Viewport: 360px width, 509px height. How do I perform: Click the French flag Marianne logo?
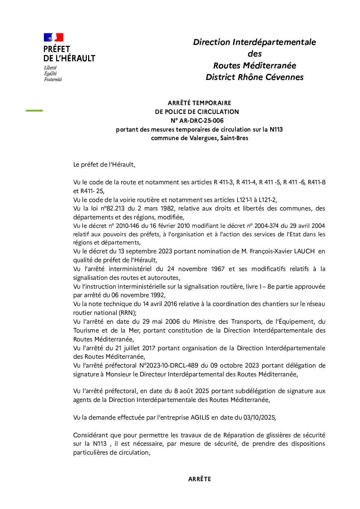(x=53, y=37)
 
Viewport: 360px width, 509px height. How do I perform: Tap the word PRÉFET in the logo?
(x=56, y=49)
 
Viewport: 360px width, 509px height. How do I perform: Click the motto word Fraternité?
(x=53, y=80)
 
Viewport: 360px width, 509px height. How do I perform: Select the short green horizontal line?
(x=34, y=111)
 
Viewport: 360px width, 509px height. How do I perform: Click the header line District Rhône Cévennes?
(x=255, y=77)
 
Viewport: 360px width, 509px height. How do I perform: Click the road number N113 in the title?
(x=276, y=130)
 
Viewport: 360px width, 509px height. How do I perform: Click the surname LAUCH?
(x=304, y=251)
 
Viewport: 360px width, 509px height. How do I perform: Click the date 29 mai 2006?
(x=161, y=322)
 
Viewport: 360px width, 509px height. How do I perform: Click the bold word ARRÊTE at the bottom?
(x=199, y=479)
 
